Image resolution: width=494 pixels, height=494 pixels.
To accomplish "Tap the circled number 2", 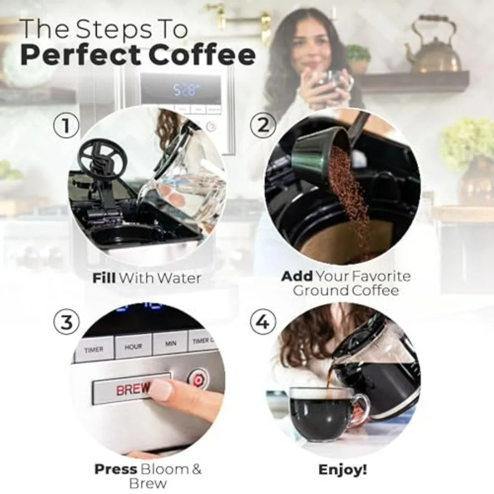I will click(x=263, y=126).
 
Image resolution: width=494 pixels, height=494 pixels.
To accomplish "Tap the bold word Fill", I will click(x=104, y=278).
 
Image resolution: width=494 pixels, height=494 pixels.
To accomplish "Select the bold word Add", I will click(x=297, y=276).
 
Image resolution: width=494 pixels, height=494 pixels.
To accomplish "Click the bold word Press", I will click(x=115, y=469).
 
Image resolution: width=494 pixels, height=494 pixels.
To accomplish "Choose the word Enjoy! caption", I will click(x=343, y=470).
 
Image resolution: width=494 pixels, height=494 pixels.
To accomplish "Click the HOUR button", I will click(x=133, y=347).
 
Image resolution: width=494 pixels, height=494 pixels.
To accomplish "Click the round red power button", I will click(x=196, y=379).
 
